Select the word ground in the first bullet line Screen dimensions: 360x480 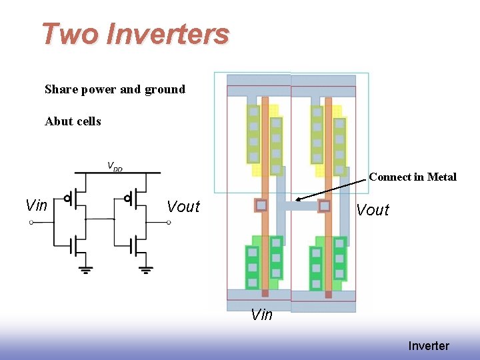pos(163,89)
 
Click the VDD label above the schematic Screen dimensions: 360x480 pos(115,166)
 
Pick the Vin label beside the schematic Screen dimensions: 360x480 pos(36,205)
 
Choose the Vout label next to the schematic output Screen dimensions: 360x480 pos(183,207)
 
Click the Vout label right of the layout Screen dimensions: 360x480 pos(373,211)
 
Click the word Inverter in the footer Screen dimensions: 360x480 pos(429,346)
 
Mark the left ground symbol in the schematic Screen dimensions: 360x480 pos(86,269)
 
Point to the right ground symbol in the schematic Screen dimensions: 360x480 pos(147,269)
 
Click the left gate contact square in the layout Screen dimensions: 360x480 pos(261,205)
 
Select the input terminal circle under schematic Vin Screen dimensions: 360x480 pos(32,222)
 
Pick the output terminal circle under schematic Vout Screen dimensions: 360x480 pos(169,222)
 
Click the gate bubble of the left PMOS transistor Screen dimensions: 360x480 pos(67,198)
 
